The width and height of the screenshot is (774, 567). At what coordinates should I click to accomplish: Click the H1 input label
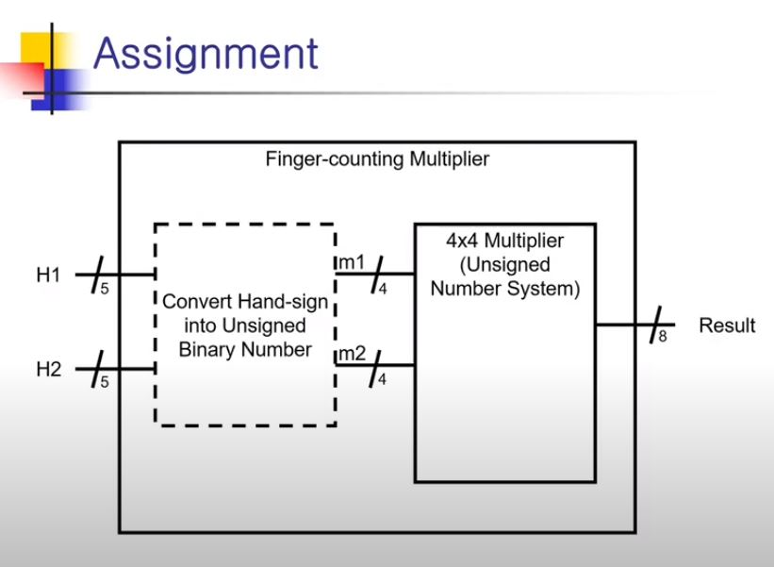48,275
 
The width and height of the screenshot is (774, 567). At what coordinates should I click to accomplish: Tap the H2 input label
48,370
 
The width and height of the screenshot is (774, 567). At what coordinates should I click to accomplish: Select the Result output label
726,325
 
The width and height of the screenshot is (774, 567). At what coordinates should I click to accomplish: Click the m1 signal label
352,261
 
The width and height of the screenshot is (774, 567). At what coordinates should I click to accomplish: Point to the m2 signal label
352,354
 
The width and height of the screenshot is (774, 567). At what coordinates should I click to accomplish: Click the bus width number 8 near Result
662,336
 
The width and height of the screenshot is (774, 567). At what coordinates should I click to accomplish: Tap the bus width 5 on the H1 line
104,289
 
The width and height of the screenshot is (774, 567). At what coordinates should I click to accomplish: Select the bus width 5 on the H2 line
104,382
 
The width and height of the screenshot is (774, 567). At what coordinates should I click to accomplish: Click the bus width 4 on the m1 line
382,289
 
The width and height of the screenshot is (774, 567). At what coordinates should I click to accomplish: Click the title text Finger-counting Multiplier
377,158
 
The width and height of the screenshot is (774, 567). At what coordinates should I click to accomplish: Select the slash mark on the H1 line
96,275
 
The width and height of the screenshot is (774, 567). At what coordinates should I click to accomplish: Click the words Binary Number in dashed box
245,350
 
